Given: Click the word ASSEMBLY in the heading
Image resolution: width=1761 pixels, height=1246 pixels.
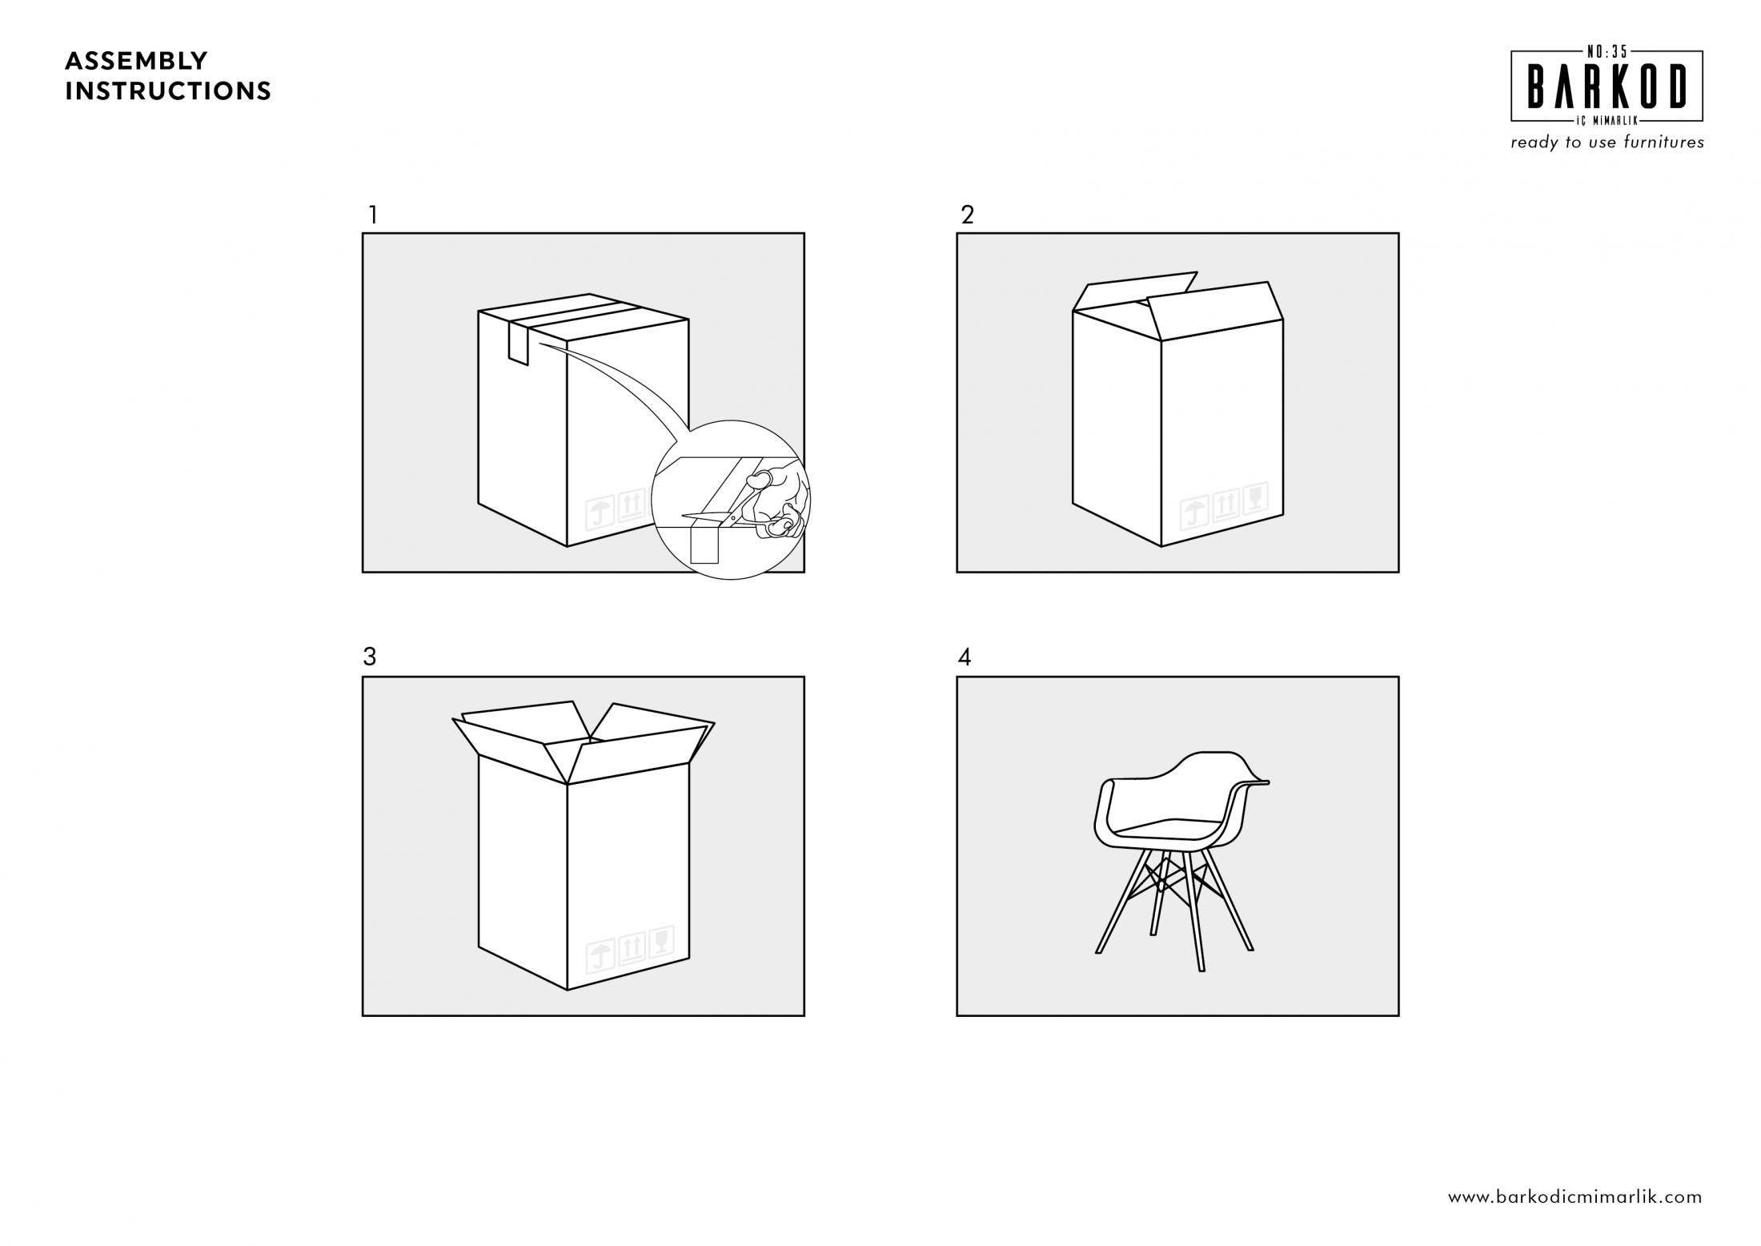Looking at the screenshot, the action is [136, 61].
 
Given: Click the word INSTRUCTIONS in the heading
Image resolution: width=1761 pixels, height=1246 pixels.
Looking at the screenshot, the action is [168, 91].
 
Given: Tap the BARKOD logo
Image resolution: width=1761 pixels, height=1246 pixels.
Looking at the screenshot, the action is [1607, 86].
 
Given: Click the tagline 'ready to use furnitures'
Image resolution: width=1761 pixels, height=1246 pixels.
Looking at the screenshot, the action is [1607, 143].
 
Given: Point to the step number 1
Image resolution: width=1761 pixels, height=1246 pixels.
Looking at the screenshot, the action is [372, 215].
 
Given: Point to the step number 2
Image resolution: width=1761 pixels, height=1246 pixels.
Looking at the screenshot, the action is [968, 215].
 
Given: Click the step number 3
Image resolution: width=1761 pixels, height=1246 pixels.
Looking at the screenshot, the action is [369, 657].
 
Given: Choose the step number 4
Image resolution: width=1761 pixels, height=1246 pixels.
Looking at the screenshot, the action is [965, 657].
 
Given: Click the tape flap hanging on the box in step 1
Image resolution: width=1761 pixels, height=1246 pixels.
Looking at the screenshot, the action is [518, 343].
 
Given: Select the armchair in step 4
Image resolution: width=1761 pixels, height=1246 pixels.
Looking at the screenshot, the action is [1181, 861].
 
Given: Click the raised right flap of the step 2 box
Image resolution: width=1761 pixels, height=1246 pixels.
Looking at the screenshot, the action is [1215, 310].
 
